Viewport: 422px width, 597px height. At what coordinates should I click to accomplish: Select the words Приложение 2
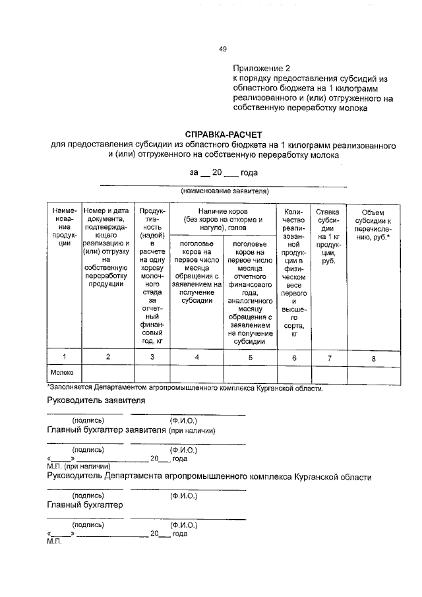[261, 69]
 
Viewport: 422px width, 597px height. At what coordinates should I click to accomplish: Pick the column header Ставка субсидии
[328, 236]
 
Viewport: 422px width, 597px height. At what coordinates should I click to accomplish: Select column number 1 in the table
[64, 357]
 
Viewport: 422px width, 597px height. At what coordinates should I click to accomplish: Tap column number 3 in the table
[152, 357]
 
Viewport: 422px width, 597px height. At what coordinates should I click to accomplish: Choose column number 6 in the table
[293, 357]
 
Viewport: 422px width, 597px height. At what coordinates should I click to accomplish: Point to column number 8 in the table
[373, 358]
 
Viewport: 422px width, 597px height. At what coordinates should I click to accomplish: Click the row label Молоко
[62, 372]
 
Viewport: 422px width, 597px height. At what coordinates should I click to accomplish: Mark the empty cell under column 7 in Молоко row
[328, 374]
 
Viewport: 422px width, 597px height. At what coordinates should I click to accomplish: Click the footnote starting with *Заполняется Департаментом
[185, 388]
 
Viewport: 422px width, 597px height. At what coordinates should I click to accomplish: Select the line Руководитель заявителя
[96, 400]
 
